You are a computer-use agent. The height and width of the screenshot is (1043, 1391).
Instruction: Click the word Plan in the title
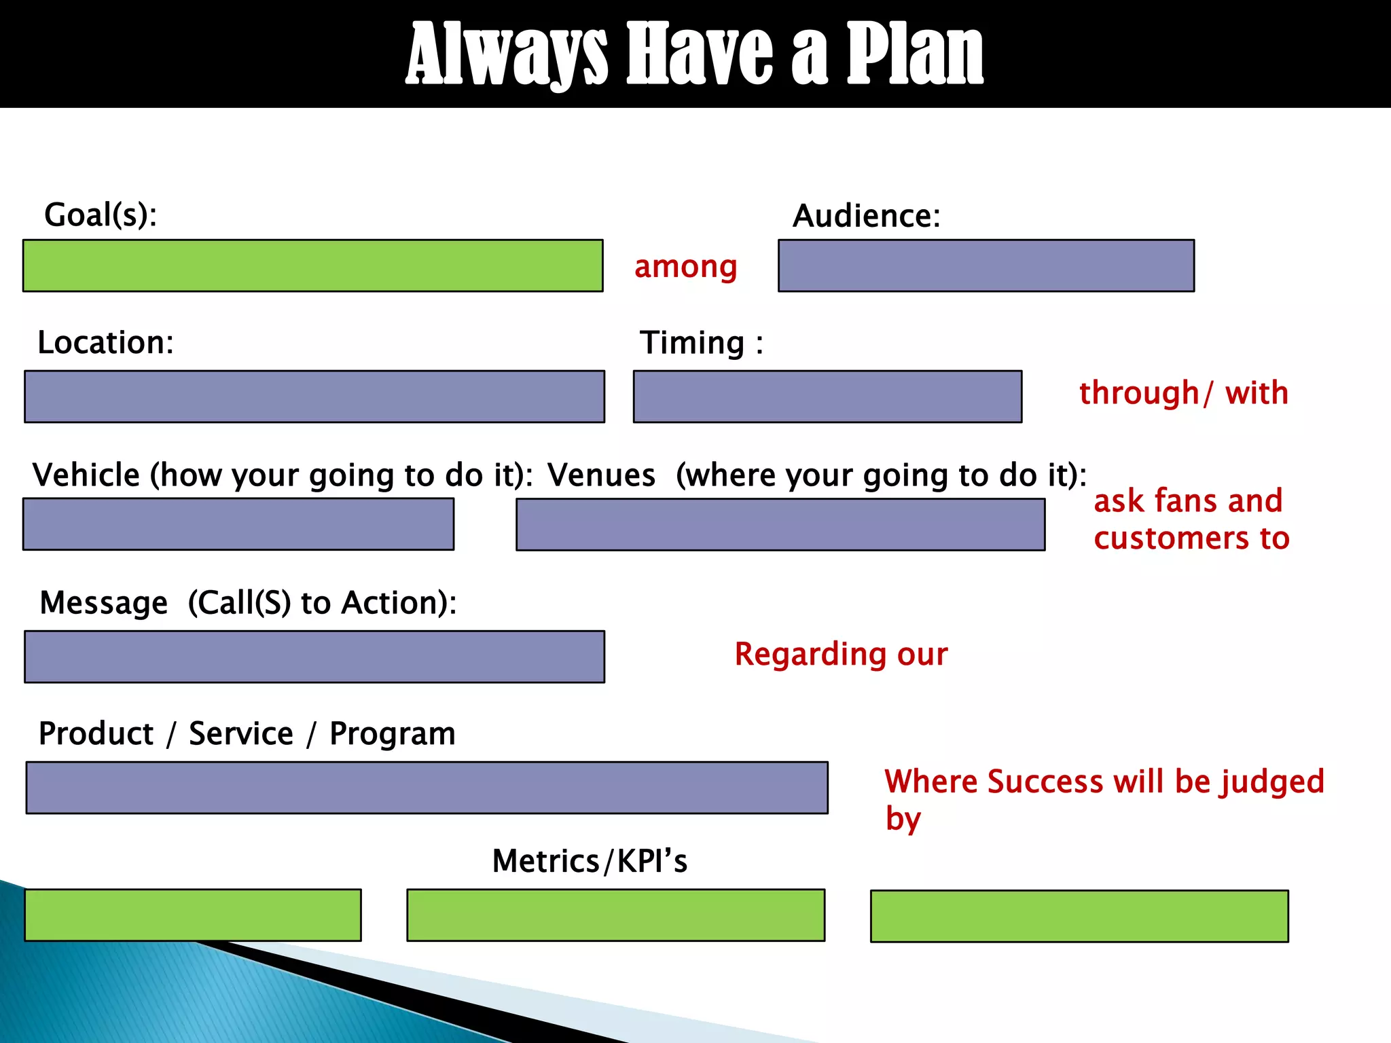point(914,54)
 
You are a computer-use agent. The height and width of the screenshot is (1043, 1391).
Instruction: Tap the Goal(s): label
point(101,215)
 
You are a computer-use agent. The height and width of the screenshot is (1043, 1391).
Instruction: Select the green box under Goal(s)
point(312,266)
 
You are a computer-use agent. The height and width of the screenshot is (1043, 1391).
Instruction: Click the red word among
point(685,267)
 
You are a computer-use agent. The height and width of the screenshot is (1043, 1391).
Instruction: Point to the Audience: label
point(866,216)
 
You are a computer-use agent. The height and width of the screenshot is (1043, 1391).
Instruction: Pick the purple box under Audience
point(986,266)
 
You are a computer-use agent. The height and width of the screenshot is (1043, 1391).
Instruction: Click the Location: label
point(105,342)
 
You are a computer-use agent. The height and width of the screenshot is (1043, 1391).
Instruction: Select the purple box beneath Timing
point(827,397)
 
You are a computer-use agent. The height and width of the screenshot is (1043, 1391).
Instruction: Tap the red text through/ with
point(1183,393)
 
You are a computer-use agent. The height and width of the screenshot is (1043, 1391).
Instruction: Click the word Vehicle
point(86,475)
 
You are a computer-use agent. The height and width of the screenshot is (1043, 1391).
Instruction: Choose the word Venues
point(601,475)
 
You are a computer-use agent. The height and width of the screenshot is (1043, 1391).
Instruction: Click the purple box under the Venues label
point(780,524)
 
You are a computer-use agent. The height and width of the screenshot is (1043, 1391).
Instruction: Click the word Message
point(103,603)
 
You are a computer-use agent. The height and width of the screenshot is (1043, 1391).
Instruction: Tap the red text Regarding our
point(840,655)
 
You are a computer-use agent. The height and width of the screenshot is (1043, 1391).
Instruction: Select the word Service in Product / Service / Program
point(240,734)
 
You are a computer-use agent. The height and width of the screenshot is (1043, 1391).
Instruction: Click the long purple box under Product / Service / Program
point(427,788)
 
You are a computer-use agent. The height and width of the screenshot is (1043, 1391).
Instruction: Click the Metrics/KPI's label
point(589,861)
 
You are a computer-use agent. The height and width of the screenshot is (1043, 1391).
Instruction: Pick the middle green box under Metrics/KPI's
point(615,915)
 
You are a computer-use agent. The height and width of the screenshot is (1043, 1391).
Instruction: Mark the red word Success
point(1045,782)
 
